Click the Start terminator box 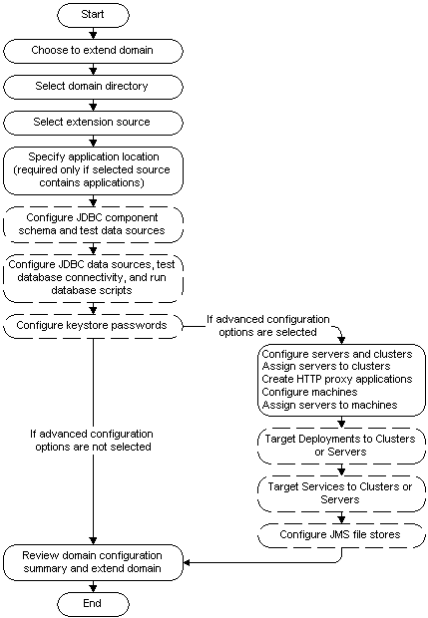(93, 15)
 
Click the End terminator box (93, 603)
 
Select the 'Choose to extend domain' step (93, 51)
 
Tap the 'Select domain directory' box (93, 87)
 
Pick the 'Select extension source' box (93, 123)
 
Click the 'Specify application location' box (93, 168)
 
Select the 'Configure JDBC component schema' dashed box (93, 223)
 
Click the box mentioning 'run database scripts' (93, 277)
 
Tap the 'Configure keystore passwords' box (93, 324)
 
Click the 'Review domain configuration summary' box (93, 562)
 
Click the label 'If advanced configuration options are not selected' (93, 441)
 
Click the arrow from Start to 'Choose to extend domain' (93, 33)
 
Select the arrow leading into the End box (93, 586)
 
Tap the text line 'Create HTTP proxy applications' (335, 379)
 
